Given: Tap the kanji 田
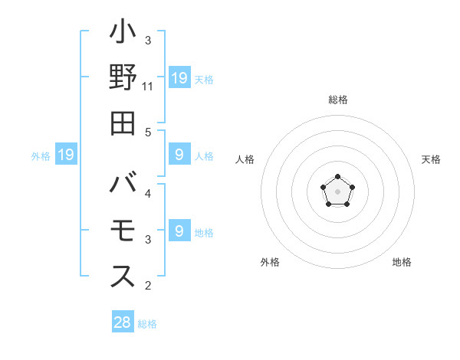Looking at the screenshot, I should (123, 122).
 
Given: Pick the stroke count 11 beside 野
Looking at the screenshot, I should (149, 87).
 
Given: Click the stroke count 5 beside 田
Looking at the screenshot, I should (148, 132).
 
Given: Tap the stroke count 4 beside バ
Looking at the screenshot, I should (148, 194).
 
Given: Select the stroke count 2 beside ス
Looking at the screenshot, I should (148, 286).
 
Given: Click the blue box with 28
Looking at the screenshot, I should (123, 322).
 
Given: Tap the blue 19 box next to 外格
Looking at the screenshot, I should (66, 155).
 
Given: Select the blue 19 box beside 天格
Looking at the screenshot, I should (179, 77).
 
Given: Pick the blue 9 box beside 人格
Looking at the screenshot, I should (179, 155).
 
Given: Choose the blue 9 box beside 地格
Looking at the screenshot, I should (179, 231).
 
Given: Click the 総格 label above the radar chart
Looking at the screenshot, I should (337, 100).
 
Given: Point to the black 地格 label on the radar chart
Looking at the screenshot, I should (402, 262).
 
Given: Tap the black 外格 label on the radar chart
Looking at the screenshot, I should (270, 262).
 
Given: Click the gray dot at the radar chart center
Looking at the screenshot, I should (337, 191).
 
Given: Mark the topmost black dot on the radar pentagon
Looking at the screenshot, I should (337, 178).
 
